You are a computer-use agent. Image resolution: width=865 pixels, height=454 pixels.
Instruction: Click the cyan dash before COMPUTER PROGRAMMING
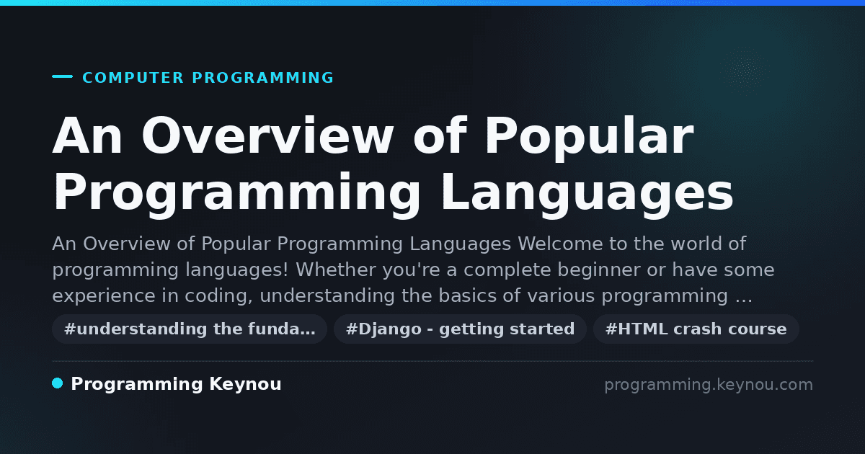(62, 76)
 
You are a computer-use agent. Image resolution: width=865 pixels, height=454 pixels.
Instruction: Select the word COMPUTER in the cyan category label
(133, 78)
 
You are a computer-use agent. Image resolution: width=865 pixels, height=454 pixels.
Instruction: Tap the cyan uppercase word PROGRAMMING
(263, 78)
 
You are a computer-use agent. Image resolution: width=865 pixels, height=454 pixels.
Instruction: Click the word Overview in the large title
(267, 136)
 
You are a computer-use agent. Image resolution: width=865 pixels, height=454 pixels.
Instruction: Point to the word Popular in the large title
(590, 138)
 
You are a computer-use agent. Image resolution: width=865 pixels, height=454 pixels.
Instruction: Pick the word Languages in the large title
(587, 194)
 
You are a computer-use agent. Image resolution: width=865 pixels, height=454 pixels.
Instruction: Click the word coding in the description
(218, 296)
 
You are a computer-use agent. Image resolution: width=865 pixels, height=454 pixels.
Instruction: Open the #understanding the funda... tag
(190, 329)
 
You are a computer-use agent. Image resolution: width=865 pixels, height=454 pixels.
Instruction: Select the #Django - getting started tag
(461, 329)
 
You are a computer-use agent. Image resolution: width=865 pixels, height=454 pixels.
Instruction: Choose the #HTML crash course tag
(696, 329)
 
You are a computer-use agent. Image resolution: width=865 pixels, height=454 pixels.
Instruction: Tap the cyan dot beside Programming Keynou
(58, 383)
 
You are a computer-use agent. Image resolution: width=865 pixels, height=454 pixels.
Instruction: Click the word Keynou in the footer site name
(245, 385)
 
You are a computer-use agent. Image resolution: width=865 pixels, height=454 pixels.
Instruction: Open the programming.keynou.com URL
(709, 385)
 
